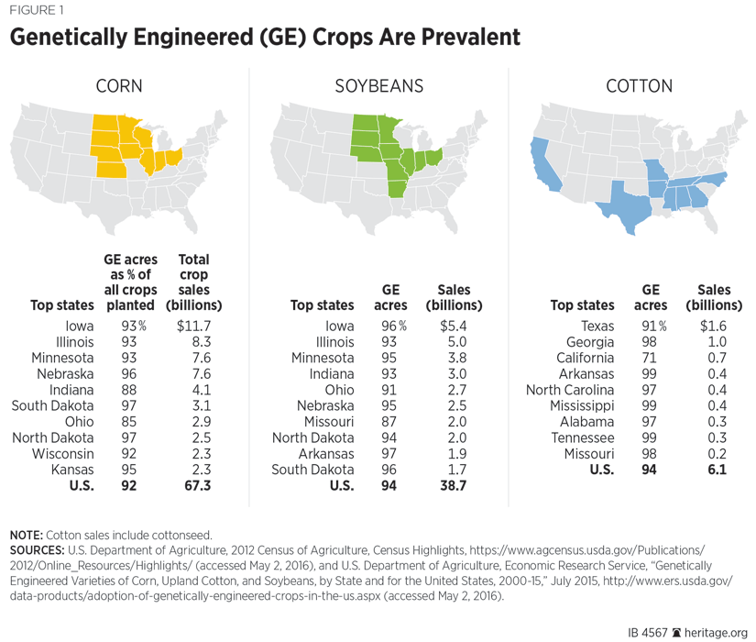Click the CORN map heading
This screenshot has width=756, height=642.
(x=119, y=87)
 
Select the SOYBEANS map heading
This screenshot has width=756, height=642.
(x=378, y=87)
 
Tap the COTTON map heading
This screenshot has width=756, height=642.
(x=639, y=87)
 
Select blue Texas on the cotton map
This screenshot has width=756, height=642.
(x=623, y=202)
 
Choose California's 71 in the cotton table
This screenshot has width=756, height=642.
(x=648, y=357)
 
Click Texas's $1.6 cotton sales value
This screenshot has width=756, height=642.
(x=715, y=326)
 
